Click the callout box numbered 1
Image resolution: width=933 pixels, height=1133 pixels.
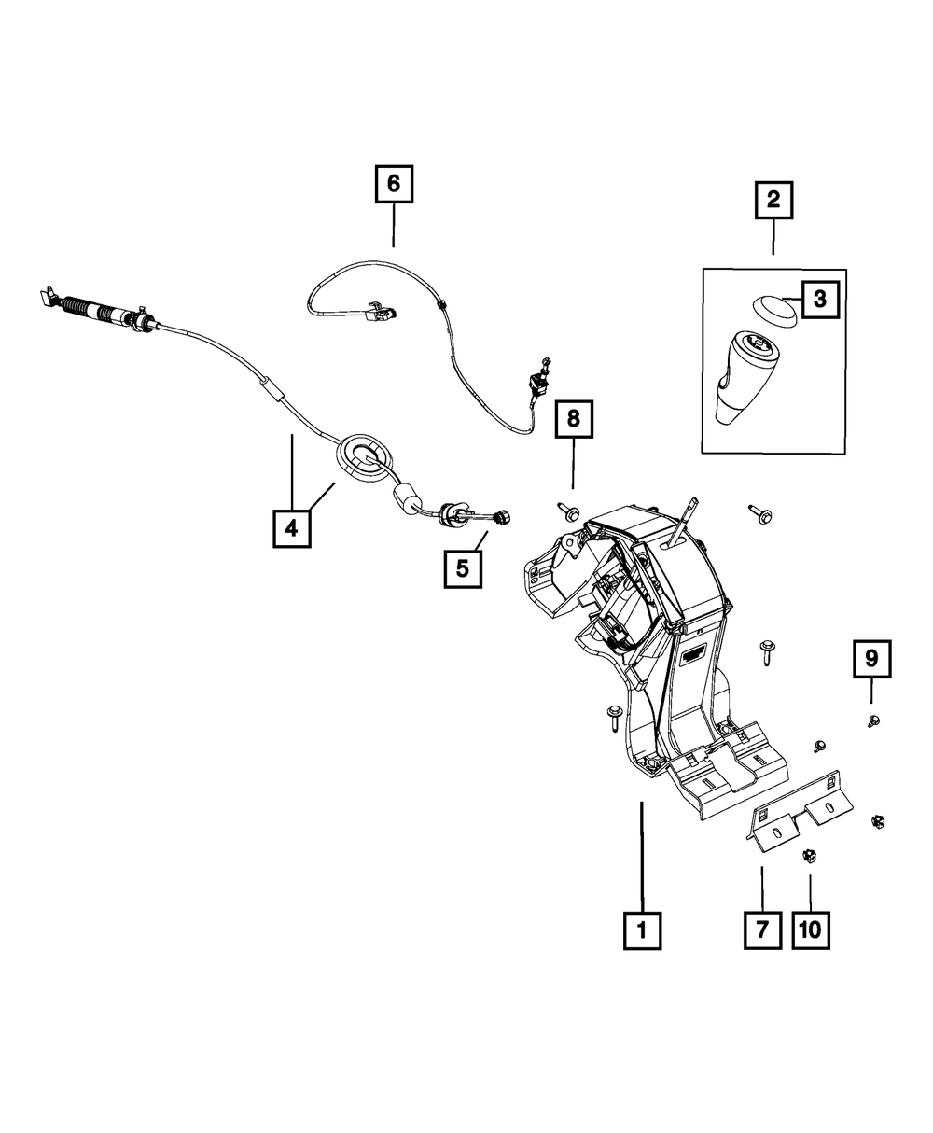(642, 930)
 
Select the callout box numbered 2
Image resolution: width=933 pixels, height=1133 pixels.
(773, 200)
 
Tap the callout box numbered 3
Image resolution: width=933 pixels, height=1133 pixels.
(818, 300)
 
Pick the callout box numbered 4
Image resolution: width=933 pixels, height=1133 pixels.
(291, 528)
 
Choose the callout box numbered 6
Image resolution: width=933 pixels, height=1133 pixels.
(393, 184)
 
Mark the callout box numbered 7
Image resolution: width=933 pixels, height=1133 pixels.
(762, 930)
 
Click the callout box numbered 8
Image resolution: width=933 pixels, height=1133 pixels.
(574, 419)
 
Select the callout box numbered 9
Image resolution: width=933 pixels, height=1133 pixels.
(870, 660)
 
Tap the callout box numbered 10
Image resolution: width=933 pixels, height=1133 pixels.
(810, 930)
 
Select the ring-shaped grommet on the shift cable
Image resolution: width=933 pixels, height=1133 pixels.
(364, 457)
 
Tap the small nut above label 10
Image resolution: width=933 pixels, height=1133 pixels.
(807, 854)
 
